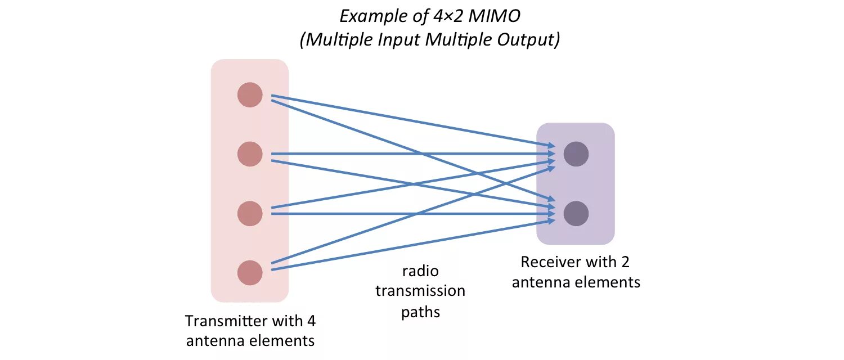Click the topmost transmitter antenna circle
(x=250, y=94)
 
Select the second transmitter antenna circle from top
(x=250, y=154)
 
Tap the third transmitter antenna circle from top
(x=250, y=214)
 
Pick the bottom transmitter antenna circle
(x=250, y=273)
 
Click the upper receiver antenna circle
(x=576, y=154)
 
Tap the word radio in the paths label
(x=420, y=272)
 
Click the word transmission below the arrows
(x=420, y=291)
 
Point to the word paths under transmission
(x=420, y=312)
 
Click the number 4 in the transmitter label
(x=311, y=321)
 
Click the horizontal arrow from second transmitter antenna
(x=411, y=154)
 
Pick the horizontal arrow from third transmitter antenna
(x=411, y=214)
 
